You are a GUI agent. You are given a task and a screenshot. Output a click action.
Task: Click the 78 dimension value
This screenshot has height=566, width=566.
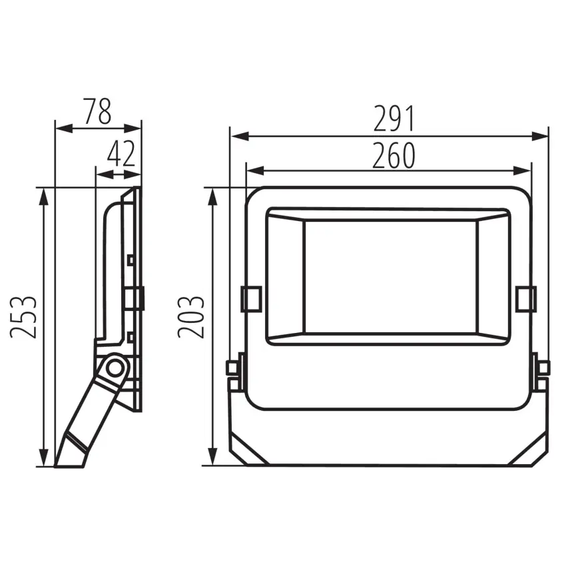pos(97,111)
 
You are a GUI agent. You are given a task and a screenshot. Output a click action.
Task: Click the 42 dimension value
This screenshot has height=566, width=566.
pos(121,153)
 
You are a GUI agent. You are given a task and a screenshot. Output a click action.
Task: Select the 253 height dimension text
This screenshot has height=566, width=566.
pos(23,317)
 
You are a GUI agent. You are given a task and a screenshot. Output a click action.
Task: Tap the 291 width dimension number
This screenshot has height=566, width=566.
pos(395,119)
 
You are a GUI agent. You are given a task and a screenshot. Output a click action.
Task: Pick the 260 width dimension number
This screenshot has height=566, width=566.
pos(394,155)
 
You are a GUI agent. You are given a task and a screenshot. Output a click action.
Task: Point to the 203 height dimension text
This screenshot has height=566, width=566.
pos(191,317)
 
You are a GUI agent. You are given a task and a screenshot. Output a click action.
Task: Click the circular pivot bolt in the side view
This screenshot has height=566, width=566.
pos(115,368)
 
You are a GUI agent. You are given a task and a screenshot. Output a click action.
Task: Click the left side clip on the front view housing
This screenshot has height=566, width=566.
pos(251,298)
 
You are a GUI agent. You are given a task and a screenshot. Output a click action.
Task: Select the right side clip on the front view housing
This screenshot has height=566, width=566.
pos(526,298)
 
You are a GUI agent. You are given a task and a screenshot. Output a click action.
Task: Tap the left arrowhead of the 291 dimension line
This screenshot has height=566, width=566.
pos(240,137)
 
